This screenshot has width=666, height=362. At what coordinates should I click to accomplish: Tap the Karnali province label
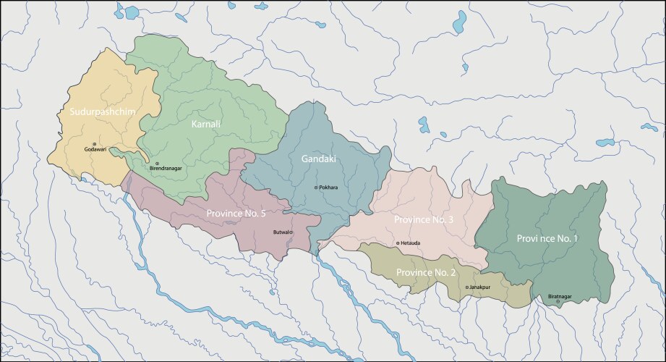(x=206, y=125)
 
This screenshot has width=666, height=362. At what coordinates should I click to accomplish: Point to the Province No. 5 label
(x=236, y=214)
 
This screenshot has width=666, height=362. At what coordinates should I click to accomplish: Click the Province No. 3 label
(x=423, y=219)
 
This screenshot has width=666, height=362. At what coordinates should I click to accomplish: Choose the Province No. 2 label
(x=425, y=272)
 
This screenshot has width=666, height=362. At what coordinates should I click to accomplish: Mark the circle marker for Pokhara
(x=316, y=188)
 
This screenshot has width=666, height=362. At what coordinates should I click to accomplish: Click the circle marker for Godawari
(x=94, y=144)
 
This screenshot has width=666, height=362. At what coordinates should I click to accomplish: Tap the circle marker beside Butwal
(x=292, y=232)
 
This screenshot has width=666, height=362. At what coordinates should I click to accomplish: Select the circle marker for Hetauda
(x=398, y=243)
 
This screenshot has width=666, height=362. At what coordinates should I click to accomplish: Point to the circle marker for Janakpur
(x=466, y=287)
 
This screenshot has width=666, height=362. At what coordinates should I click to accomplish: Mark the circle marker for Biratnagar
(x=557, y=302)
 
